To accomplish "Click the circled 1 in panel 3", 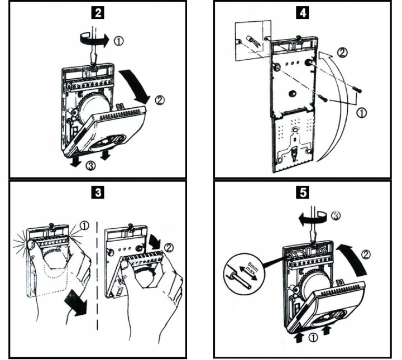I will tap(84, 225).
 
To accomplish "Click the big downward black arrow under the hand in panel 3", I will tap(75, 301).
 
